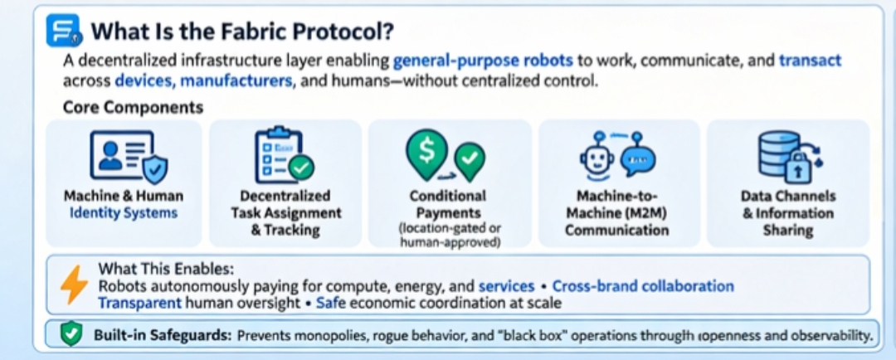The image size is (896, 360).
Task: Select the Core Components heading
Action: click(x=133, y=108)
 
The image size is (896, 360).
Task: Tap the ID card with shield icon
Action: click(x=127, y=158)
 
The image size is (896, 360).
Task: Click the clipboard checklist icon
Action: click(x=283, y=155)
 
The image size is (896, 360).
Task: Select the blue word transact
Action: click(x=810, y=61)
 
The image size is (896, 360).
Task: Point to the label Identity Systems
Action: click(x=124, y=213)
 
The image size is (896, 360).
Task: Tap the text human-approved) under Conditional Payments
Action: click(x=448, y=243)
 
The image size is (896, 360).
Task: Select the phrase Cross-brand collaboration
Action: click(x=643, y=286)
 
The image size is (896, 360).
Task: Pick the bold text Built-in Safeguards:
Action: click(x=162, y=336)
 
